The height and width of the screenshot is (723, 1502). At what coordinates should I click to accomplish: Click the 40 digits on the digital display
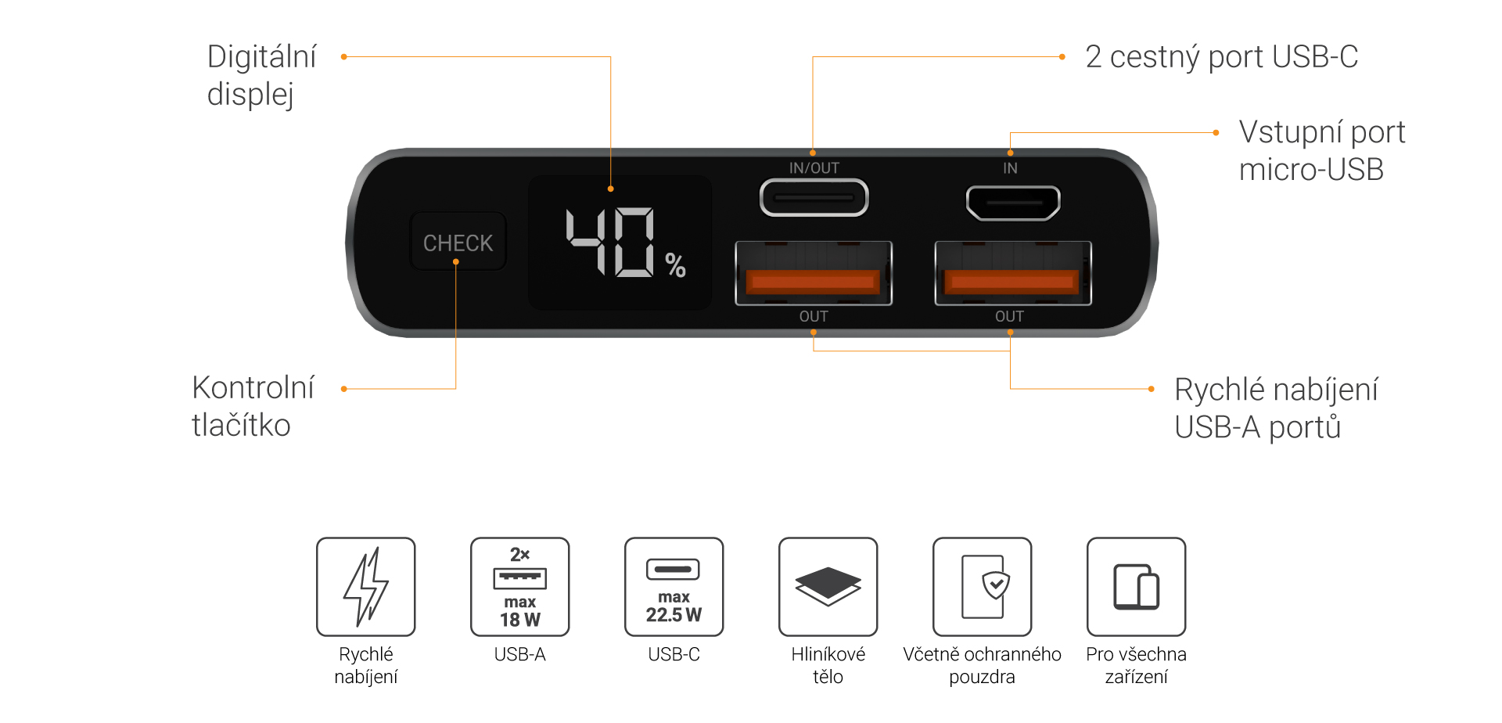click(610, 243)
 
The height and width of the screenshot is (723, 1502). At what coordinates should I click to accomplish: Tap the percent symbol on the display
click(675, 266)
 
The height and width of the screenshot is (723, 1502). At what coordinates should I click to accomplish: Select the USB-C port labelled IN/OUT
click(814, 198)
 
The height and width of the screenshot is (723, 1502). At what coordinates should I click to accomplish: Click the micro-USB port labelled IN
click(1013, 203)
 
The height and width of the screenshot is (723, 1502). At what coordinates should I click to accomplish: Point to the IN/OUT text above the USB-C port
click(814, 168)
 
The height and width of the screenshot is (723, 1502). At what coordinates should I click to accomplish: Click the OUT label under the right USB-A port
click(1009, 316)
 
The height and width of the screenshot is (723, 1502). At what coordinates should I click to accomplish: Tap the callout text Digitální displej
click(261, 75)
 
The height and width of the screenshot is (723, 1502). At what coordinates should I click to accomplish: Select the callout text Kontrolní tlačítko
click(252, 406)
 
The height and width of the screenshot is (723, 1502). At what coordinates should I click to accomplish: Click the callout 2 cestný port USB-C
click(1221, 57)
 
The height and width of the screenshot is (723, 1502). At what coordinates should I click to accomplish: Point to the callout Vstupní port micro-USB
click(1321, 150)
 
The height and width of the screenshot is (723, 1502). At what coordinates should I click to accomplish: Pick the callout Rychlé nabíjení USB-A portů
click(1276, 408)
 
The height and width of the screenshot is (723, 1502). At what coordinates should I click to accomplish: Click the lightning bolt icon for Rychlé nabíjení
click(365, 587)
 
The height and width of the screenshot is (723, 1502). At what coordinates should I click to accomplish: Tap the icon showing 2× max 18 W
click(519, 587)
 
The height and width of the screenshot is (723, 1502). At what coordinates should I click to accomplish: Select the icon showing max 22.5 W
click(674, 587)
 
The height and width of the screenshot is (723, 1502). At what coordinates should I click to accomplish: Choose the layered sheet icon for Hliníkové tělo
click(828, 587)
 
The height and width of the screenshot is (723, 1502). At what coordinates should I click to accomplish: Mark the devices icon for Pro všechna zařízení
click(1136, 587)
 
